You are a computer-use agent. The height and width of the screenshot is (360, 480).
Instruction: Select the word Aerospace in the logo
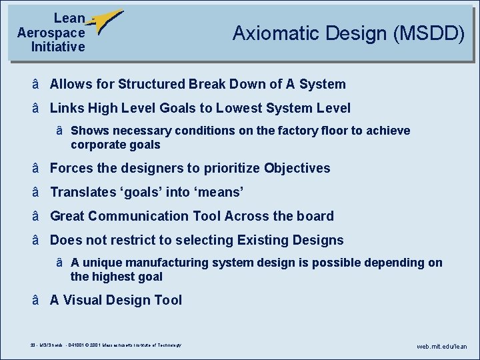(51, 33)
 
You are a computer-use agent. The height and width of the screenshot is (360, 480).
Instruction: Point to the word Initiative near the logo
(58, 47)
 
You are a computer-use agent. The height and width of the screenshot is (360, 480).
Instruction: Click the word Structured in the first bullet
(152, 84)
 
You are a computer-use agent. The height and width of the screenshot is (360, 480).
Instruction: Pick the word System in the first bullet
(323, 84)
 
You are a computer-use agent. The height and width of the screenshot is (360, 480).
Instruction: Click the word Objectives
(297, 168)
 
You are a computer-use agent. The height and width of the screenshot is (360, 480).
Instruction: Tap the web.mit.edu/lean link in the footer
(442, 347)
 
